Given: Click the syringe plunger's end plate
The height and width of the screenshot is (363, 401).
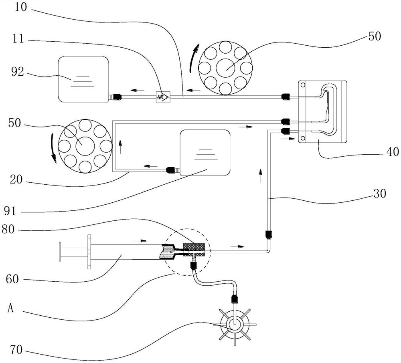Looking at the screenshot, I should (60, 252).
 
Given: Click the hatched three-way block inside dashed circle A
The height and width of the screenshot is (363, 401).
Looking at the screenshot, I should (194, 250).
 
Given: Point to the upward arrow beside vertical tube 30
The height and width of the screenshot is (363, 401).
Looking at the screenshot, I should (261, 173).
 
